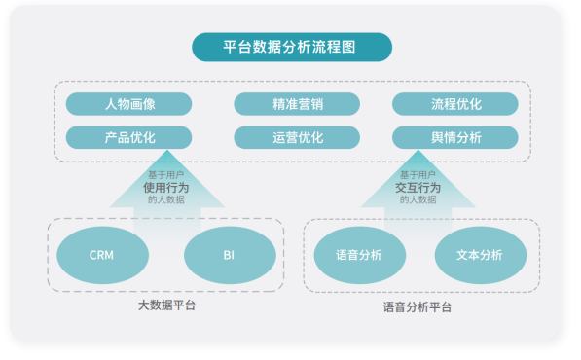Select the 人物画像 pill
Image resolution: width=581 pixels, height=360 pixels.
[128, 104]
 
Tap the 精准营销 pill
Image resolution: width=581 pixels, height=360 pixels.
[297, 104]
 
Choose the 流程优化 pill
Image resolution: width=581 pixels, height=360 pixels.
[455, 104]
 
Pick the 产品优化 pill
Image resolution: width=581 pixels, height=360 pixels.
[128, 138]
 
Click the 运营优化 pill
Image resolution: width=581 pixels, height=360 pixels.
[297, 138]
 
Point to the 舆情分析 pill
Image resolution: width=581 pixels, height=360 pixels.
[455, 138]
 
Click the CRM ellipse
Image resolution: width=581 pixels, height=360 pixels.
[102, 255]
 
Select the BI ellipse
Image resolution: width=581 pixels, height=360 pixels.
[230, 255]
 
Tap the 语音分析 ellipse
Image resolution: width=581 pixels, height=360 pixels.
[360, 255]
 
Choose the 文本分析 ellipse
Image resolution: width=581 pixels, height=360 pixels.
[481, 255]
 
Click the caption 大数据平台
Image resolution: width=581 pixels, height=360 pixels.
[166, 306]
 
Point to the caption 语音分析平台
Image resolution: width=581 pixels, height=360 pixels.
[418, 307]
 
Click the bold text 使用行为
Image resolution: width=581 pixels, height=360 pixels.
[166, 188]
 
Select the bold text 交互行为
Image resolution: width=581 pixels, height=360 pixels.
[418, 188]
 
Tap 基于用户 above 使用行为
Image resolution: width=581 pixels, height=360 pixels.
[166, 175]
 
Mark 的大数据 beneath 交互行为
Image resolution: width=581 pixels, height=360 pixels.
[418, 199]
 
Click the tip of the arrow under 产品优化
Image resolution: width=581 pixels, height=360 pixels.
[167, 150]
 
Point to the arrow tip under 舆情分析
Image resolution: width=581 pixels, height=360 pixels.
[418, 150]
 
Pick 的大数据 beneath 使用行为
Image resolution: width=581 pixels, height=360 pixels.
[166, 199]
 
